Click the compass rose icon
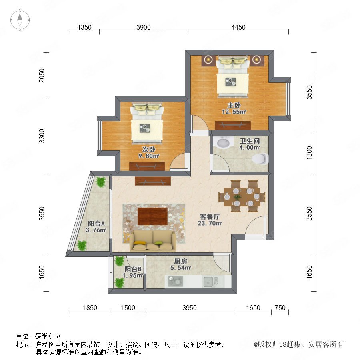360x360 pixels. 20,20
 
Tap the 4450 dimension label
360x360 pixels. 238,27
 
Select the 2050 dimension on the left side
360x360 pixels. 42,76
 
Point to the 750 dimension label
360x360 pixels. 280,308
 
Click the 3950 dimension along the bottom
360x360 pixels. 190,308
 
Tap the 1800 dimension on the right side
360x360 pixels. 309,153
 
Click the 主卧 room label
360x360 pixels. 234,105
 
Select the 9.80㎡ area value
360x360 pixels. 148,156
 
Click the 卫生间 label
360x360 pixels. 250,141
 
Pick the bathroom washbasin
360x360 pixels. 223,142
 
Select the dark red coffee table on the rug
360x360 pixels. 153,216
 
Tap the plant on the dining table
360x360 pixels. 237,197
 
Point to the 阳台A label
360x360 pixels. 96,223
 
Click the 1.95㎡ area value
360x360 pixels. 133,275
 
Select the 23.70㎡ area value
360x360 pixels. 210,223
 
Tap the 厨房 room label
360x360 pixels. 180,261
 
